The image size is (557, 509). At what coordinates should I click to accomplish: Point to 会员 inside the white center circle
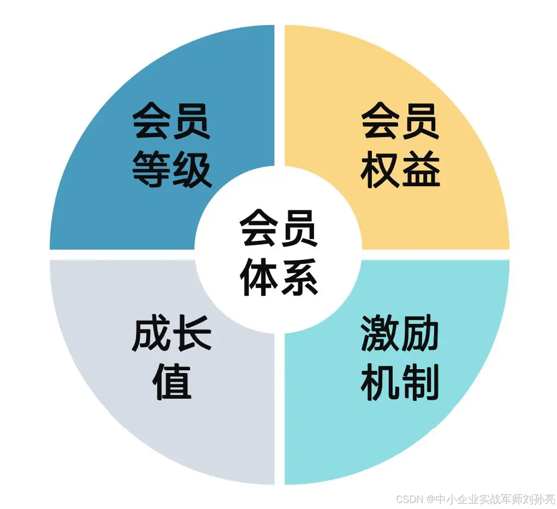[x=279, y=229]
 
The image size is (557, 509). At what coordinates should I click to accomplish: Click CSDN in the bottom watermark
[x=409, y=499]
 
